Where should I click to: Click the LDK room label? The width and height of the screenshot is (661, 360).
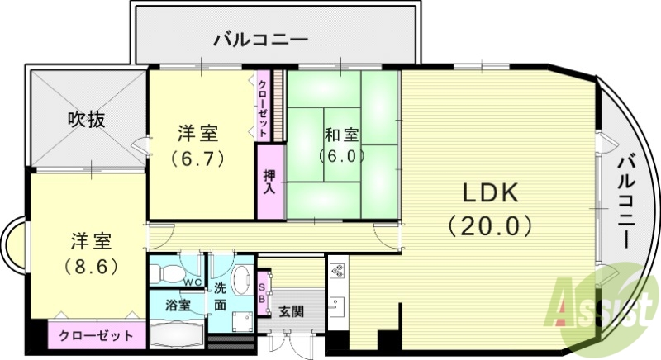coord(488,193)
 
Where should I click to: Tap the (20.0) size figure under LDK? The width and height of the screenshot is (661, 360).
coord(488,225)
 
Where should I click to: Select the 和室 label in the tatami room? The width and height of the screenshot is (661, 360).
coord(341,134)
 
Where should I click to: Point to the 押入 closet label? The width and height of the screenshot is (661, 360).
coord(269,182)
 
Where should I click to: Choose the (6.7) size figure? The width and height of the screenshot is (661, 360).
coord(198,158)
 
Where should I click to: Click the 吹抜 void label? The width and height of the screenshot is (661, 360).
coord(86,120)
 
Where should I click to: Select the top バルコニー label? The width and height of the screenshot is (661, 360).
coord(260,39)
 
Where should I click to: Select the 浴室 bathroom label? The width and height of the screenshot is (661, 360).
coord(178,305)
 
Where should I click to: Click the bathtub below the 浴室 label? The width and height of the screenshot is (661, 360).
coord(176,334)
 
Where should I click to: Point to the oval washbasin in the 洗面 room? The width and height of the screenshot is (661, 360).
coord(242,280)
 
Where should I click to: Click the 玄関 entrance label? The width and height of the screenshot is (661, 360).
coord(290,311)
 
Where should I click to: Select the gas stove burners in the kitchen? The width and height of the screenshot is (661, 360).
coord(337,270)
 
